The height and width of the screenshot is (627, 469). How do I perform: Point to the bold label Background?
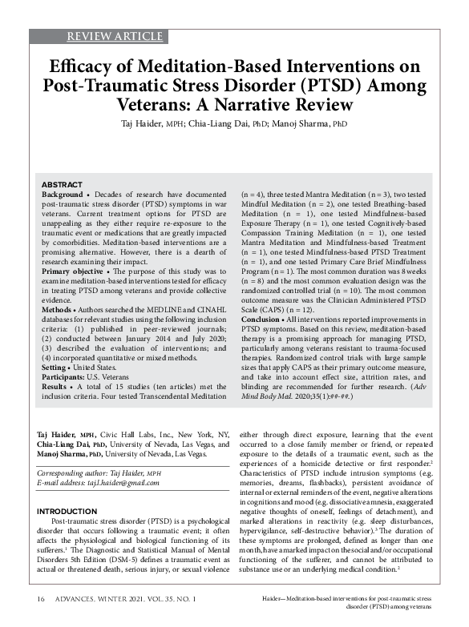[62, 195]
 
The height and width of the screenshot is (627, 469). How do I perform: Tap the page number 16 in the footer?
[40, 599]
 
